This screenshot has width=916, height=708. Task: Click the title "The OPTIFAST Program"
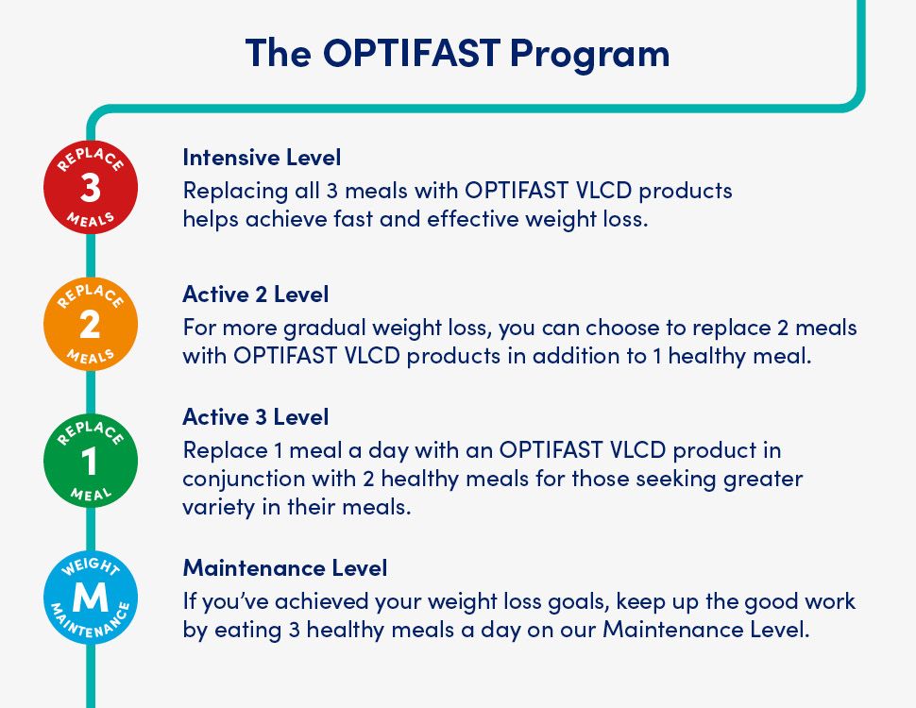(457, 54)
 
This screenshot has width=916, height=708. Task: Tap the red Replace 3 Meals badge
(91, 187)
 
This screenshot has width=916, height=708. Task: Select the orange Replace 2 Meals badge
(91, 324)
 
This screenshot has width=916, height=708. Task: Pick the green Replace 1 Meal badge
(91, 461)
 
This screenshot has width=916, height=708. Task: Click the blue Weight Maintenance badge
(91, 597)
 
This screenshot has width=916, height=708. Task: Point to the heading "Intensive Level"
(262, 158)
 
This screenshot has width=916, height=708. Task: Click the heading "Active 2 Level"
(256, 295)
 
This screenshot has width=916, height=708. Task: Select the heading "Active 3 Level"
(256, 417)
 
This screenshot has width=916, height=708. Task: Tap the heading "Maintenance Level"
(285, 567)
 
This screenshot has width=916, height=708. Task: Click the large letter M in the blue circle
(91, 598)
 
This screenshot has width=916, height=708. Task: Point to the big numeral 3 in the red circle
(91, 188)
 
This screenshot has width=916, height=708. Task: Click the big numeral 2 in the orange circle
(90, 324)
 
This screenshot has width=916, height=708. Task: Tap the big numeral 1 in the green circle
(89, 461)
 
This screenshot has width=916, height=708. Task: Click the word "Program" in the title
(590, 56)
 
